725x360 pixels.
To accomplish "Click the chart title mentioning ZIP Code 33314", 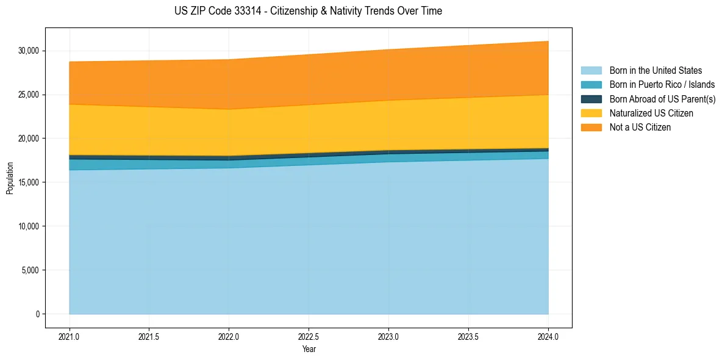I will tap(308, 11).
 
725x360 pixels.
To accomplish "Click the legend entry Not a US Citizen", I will tap(640, 128).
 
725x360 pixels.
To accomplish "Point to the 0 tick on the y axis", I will tap(37, 314).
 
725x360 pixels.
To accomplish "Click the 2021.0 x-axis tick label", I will tap(70, 336).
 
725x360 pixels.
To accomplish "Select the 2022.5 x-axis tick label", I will tap(309, 336).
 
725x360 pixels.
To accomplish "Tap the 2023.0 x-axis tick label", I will tap(388, 336).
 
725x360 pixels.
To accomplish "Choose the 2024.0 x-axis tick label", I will tap(548, 336).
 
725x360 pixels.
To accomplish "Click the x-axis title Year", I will tap(309, 350).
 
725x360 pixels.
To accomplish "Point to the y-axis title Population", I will tap(10, 178).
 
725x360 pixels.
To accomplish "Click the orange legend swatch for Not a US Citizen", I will tap(591, 128).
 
